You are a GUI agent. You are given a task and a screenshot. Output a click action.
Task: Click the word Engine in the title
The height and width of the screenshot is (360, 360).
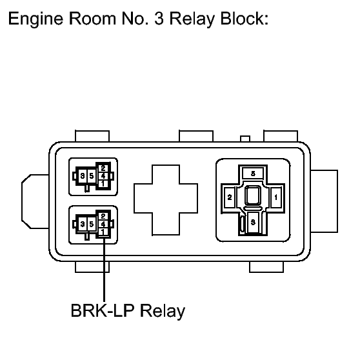coord(35,19)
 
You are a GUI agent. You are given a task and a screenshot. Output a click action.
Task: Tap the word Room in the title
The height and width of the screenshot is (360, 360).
coord(92,18)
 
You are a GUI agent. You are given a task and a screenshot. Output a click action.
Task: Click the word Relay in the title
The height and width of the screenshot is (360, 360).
coord(192,19)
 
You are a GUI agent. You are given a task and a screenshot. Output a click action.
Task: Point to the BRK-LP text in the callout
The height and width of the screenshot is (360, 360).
coord(103,310)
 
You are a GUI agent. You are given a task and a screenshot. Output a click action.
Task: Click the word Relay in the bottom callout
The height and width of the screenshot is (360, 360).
coord(163,312)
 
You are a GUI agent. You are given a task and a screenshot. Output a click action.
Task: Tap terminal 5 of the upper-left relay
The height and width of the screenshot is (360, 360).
coord(92,176)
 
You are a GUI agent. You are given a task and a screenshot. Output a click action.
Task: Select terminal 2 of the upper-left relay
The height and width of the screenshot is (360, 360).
coord(103,168)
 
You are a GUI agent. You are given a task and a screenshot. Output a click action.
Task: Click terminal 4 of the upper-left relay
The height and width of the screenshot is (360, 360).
coord(103,176)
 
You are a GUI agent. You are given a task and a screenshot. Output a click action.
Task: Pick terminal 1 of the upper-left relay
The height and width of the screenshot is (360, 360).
coord(103,184)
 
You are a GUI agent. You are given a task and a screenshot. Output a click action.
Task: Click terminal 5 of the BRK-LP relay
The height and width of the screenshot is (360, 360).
coord(92,224)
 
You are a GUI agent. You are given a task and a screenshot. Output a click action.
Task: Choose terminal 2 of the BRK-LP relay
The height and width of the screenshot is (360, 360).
coord(103,216)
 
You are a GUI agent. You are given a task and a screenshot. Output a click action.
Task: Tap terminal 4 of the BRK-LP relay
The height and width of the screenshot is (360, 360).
coord(103,224)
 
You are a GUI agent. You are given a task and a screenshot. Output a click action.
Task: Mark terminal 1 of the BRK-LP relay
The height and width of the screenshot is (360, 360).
coord(103,232)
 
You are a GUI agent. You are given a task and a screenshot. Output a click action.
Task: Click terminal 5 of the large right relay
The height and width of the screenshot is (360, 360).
coord(253,174)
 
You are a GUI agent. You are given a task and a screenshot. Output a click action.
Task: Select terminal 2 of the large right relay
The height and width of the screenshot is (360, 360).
coord(230,197)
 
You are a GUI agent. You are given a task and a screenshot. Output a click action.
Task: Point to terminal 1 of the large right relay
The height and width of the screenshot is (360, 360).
coord(275,197)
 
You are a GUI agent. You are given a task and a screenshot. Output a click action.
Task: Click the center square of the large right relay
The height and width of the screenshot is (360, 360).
coord(253,195)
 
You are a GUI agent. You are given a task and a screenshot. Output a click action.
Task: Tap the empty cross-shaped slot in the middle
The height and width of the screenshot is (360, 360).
coord(166,200)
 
